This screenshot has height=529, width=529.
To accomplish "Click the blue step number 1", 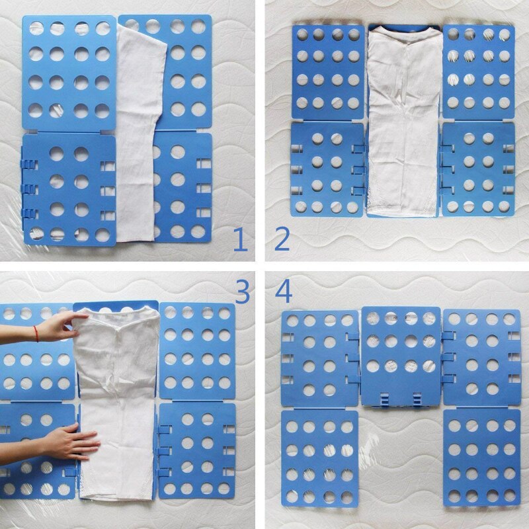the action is coord(240,239).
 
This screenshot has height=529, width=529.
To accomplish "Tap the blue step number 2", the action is coord(282,239).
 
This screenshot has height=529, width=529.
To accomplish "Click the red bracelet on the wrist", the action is coord(36,334).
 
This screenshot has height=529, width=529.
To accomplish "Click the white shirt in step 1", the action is coord(139,135).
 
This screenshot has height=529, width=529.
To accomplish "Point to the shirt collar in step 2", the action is coord(404,37).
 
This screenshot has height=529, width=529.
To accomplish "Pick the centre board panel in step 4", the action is coord(401,356).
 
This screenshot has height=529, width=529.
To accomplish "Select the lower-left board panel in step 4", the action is coord(320,459).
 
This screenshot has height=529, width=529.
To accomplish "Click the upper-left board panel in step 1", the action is coord(69,73).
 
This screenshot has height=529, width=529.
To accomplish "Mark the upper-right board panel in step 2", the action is coord(478,71).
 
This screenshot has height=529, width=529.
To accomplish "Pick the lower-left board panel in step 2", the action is coord(327,169).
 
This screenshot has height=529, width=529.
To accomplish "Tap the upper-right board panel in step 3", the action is coord(197,351).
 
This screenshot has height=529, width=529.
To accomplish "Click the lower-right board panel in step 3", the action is coord(197,451).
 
